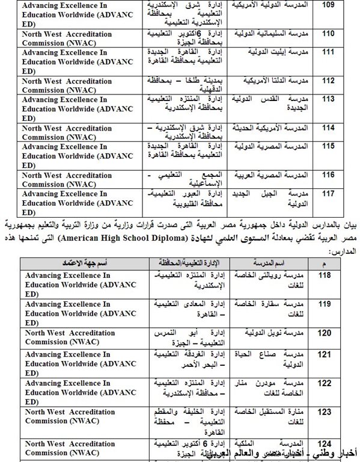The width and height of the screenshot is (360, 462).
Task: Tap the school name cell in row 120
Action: [268, 333]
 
